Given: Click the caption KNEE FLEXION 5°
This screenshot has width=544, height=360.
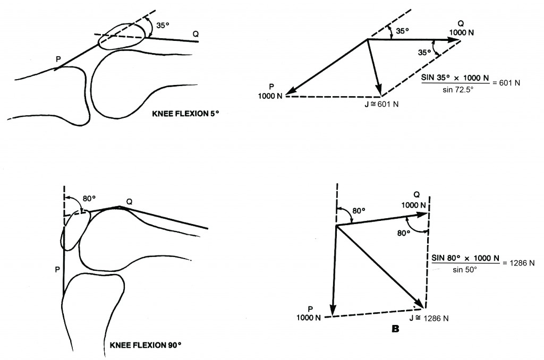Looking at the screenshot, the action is tap(185, 114).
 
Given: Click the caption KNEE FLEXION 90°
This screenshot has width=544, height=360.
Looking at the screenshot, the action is tap(146, 345).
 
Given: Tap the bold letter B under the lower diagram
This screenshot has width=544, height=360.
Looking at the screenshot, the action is tap(395, 329).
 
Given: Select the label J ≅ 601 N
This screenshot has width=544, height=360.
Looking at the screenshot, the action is tap(381, 104).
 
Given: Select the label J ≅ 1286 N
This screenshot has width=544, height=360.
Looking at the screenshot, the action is tap(429, 318).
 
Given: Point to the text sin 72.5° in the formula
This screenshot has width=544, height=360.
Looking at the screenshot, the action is tap(458, 90).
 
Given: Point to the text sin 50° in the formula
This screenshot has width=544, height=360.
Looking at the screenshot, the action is tap(465, 270).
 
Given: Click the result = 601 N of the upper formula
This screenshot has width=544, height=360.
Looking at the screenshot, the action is tap(506, 83).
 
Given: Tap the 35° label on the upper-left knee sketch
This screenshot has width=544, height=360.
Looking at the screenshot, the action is tap(163, 25).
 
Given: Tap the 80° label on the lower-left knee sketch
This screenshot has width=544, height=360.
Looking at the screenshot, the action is tap(89, 199).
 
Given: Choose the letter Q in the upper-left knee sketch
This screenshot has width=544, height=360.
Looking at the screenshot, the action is tap(195, 34).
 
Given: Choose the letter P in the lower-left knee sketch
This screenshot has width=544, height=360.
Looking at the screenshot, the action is tap(57, 270).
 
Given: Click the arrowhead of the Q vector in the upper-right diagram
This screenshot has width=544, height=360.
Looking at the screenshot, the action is tap(454, 40).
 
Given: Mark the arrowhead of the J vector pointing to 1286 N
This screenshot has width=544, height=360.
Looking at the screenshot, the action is tap(420, 304).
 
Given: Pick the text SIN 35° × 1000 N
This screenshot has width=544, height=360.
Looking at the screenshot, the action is tap(455, 78).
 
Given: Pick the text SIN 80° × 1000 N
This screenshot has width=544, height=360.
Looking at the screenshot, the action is tap(465, 258).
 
